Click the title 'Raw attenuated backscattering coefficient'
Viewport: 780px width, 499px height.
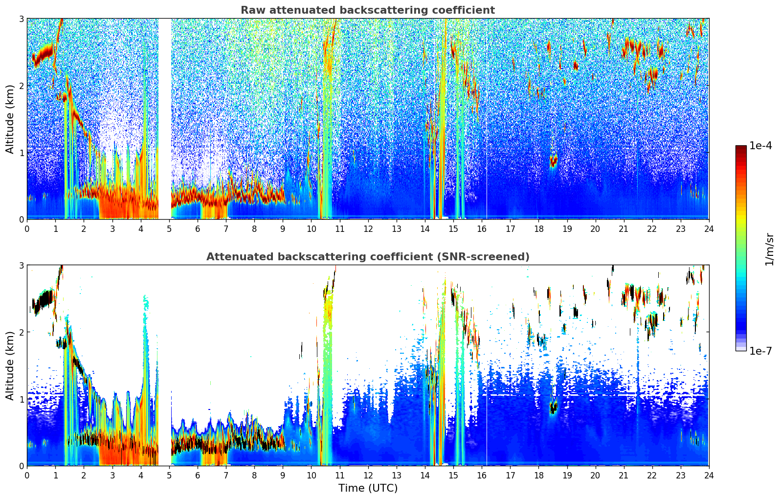click(367, 10)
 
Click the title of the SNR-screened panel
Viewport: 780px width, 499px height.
click(367, 257)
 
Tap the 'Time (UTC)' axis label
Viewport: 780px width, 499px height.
click(368, 488)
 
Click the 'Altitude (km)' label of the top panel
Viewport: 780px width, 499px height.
click(10, 118)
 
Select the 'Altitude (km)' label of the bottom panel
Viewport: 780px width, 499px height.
click(10, 365)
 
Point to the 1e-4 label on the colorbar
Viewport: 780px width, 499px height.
click(760, 146)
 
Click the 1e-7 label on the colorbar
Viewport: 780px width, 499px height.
click(760, 351)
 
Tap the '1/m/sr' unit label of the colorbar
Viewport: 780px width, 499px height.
click(769, 249)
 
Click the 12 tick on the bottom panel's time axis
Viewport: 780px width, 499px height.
click(368, 475)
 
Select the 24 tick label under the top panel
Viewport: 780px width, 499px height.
click(709, 228)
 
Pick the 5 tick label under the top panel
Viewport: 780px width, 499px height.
click(169, 228)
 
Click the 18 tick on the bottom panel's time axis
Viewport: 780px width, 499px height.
click(538, 475)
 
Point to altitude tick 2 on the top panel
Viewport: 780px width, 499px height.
click(21, 86)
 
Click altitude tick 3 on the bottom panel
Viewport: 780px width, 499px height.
click(21, 266)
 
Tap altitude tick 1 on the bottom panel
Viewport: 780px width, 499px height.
click(21, 399)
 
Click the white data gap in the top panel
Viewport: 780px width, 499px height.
click(164, 117)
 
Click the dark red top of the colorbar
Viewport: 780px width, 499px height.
click(741, 148)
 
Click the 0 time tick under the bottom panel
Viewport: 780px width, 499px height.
click(27, 475)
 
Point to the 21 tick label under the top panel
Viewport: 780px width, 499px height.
click(624, 228)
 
